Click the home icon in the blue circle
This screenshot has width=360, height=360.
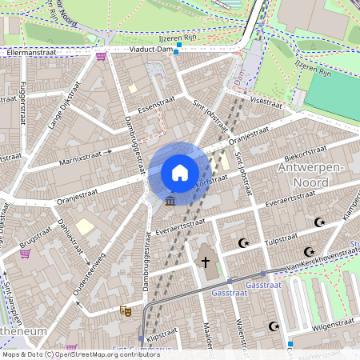click(180, 173)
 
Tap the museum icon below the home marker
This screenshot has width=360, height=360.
click(170, 202)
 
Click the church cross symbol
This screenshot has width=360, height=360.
click(205, 262)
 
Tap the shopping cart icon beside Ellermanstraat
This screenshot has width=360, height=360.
click(101, 56)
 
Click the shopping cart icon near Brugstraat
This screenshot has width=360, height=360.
click(25, 254)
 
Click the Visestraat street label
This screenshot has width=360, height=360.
click(266, 102)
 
